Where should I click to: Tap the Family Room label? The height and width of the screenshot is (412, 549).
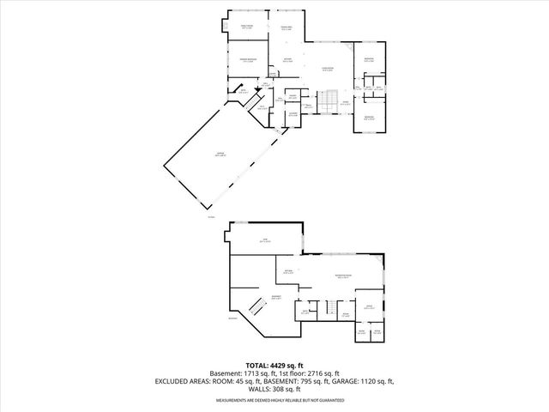tap(247, 27)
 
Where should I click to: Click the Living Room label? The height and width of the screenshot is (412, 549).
tap(327, 69)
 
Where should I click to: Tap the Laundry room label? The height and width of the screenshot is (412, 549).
tap(293, 114)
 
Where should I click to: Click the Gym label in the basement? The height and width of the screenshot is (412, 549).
tap(265, 241)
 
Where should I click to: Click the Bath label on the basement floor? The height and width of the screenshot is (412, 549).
tap(305, 313)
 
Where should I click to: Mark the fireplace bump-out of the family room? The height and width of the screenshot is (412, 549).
tap(225, 27)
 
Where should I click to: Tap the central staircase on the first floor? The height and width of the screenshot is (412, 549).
tap(326, 103)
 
